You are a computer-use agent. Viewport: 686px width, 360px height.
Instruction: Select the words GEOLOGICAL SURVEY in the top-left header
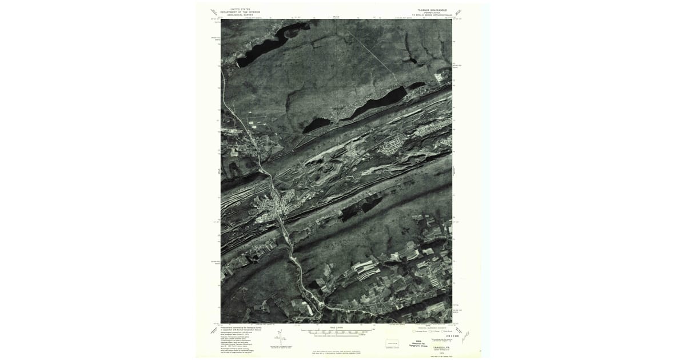point(240,15)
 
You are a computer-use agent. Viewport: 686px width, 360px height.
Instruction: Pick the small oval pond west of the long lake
point(316,124)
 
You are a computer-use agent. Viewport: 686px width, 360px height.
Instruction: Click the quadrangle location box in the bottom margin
point(392,343)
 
